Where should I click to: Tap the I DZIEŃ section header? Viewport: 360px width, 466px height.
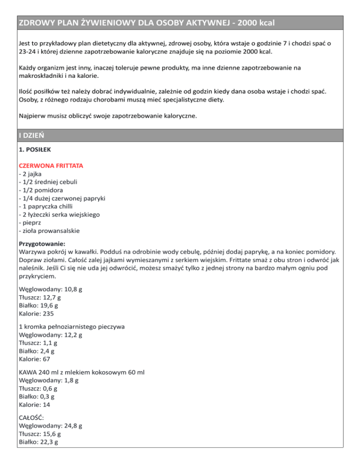(32, 135)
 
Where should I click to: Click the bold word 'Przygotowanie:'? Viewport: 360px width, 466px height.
(42, 244)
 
